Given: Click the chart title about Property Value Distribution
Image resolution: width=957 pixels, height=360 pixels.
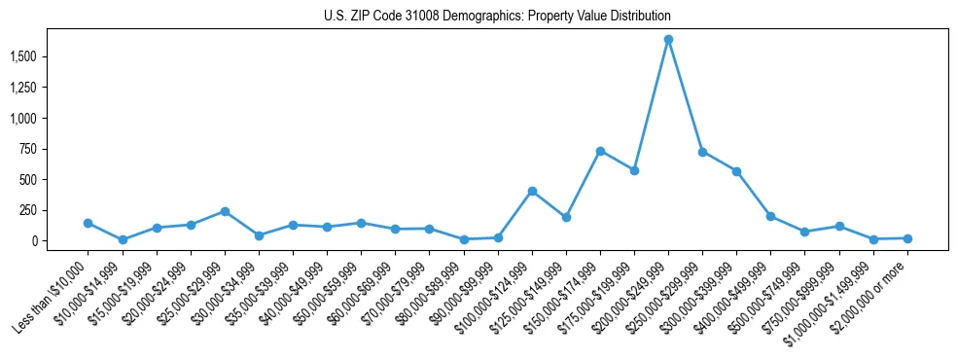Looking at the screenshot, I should coord(497,17).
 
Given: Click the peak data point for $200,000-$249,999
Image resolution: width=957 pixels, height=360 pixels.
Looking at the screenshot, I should coord(668,40).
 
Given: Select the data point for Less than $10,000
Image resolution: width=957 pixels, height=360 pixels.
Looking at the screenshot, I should coord(89,223).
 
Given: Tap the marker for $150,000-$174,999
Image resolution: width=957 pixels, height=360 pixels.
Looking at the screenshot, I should coord(600,151).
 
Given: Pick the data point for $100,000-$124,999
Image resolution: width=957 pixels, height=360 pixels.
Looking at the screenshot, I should coord(532,191).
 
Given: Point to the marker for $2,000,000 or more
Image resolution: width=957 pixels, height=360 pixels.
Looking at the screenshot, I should coord(907,238).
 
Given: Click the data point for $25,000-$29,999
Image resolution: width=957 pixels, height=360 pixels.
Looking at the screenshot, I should coord(225,211).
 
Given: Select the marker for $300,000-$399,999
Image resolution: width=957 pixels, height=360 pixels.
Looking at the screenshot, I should coord(736,171).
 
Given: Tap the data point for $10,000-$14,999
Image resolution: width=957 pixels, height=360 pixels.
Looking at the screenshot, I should coord(123,239).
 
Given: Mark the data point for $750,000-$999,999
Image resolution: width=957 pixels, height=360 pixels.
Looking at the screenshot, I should coord(839,226).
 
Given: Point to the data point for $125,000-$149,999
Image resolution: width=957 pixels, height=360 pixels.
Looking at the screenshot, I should coord(566,217).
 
